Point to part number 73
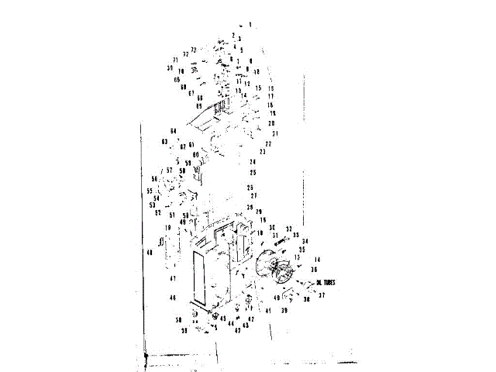pyautogui.click(x=194, y=50)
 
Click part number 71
pyautogui.click(x=176, y=60)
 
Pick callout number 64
pyautogui.click(x=174, y=130)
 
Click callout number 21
pyautogui.click(x=274, y=134)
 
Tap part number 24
pyautogui.click(x=253, y=162)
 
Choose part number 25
pyautogui.click(x=253, y=172)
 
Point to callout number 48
pyautogui.click(x=149, y=253)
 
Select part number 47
pyautogui.click(x=174, y=278)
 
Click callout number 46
pyautogui.click(x=173, y=298)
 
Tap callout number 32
pyautogui.click(x=288, y=229)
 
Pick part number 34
pyautogui.click(x=305, y=241)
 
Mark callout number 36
pyautogui.click(x=314, y=270)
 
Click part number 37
pyautogui.click(x=321, y=295)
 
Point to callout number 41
pyautogui.click(x=267, y=311)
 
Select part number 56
pyautogui.click(x=154, y=179)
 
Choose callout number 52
pyautogui.click(x=157, y=212)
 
